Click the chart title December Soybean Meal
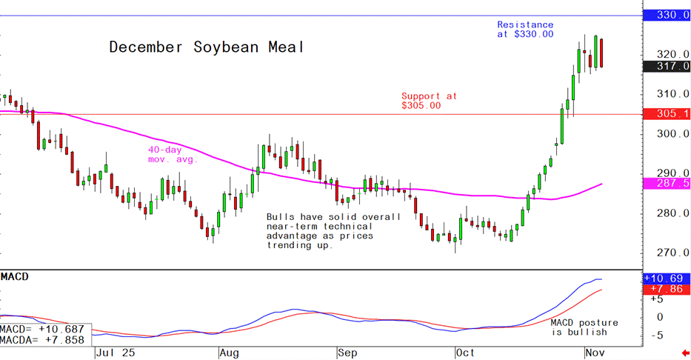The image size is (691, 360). click(x=207, y=47)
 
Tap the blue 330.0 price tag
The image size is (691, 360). click(x=667, y=15)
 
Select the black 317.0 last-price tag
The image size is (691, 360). click(x=667, y=67)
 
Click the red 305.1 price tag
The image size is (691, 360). click(x=667, y=113)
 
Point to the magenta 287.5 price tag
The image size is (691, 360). click(x=667, y=183)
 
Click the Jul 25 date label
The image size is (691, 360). click(x=113, y=353)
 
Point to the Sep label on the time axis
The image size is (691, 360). click(x=348, y=353)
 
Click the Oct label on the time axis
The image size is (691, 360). click(x=466, y=353)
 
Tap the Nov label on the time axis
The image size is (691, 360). click(x=595, y=353)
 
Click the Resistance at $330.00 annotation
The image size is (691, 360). click(x=525, y=30)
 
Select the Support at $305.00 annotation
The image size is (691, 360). click(x=429, y=101)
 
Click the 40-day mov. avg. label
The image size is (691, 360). click(x=172, y=154)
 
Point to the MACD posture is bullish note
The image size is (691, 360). click(x=584, y=327)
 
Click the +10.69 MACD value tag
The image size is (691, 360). click(x=667, y=278)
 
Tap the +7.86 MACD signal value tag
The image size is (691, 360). click(x=667, y=289)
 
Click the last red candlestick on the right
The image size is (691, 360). click(x=602, y=53)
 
